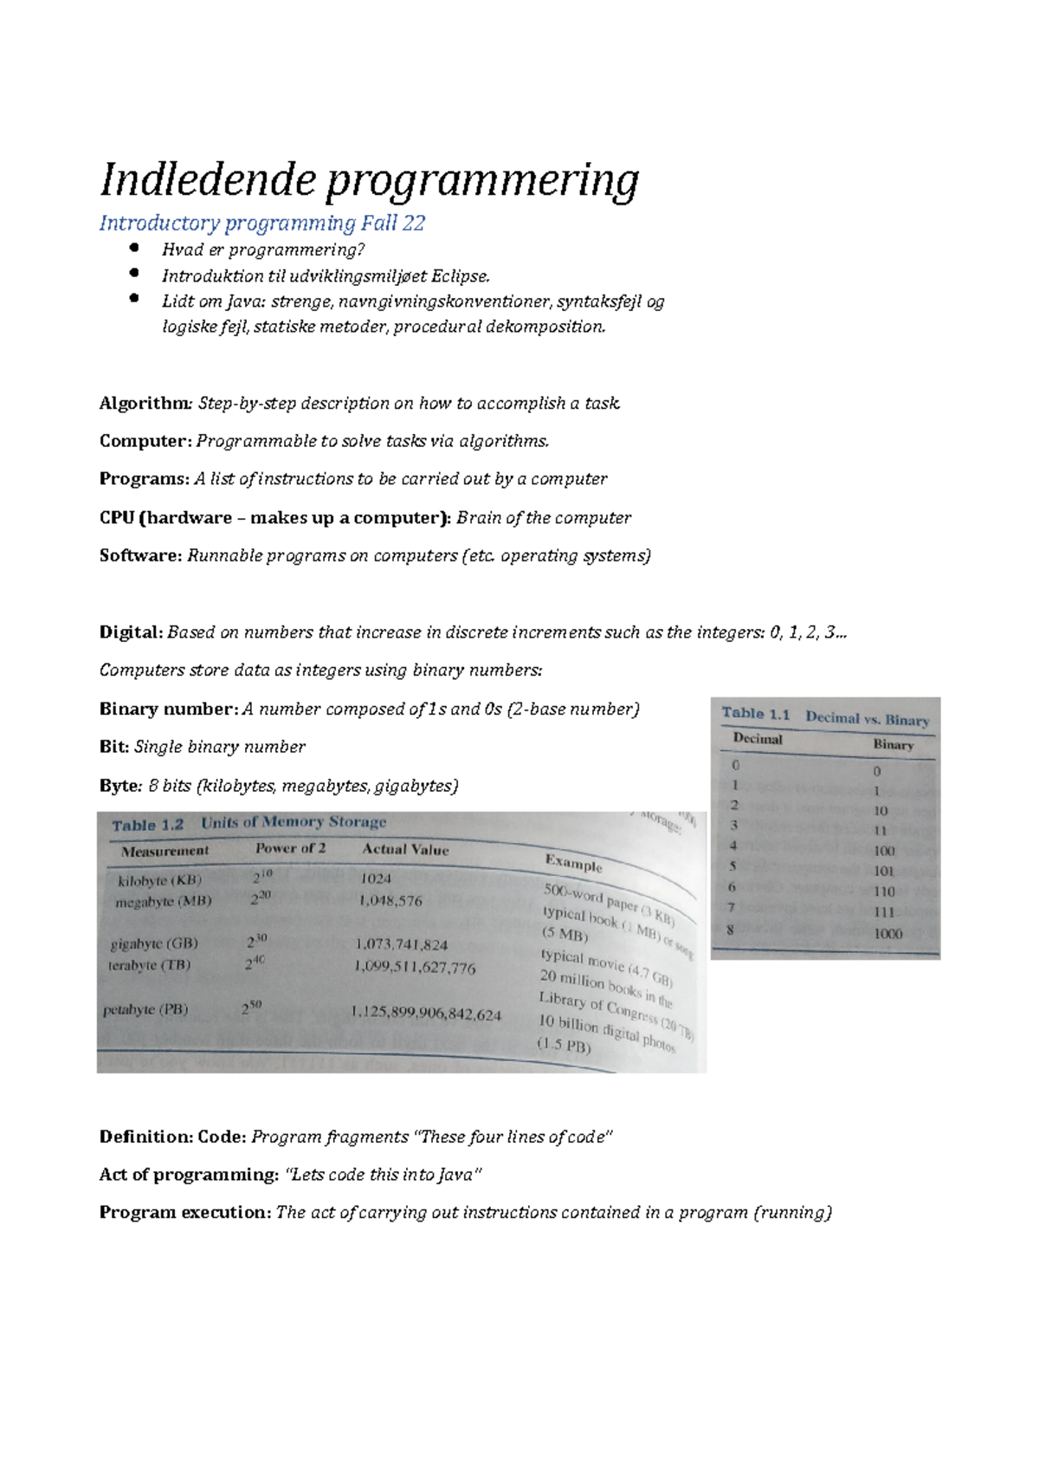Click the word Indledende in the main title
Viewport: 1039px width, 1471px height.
[209, 181]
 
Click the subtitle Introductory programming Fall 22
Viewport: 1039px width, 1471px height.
[261, 224]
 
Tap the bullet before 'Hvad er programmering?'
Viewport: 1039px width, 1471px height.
[134, 248]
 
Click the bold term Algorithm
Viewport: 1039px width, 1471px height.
[145, 403]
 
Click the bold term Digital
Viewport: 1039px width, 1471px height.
[131, 632]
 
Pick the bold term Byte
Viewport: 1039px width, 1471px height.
[119, 786]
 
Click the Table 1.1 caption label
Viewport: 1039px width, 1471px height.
[756, 714]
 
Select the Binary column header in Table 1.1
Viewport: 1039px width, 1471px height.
[893, 744]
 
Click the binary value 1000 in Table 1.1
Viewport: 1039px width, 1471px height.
[887, 934]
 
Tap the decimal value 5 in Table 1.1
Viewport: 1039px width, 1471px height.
[732, 865]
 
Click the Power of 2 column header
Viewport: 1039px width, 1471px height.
[290, 848]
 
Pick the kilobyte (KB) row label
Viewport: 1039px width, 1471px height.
[159, 880]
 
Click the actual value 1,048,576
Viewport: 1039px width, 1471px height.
[390, 901]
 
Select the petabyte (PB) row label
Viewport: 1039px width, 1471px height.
[145, 1009]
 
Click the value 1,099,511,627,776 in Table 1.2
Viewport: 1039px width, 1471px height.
[415, 968]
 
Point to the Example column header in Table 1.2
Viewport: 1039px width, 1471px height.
[573, 863]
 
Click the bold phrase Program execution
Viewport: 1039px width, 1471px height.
[184, 1212]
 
